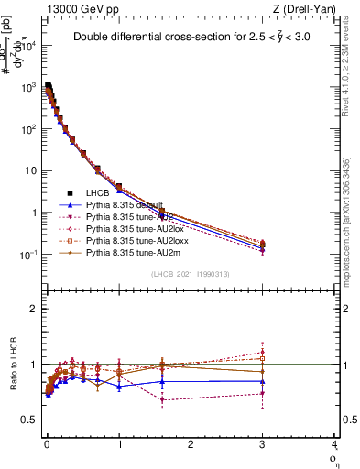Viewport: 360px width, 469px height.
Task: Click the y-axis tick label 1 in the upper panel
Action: (x=35, y=213)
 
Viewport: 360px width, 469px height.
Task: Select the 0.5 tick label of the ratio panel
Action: (x=29, y=420)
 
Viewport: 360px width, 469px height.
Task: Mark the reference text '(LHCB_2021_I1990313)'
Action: (x=191, y=275)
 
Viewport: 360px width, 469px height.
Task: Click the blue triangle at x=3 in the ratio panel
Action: (x=263, y=381)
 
